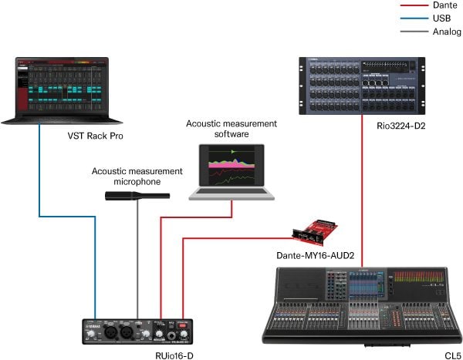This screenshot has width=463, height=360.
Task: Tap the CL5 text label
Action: click(x=452, y=353)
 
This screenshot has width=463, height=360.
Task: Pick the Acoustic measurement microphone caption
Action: click(x=137, y=177)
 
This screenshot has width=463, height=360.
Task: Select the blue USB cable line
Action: click(x=39, y=216)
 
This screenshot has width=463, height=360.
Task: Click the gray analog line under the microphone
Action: click(x=137, y=262)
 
